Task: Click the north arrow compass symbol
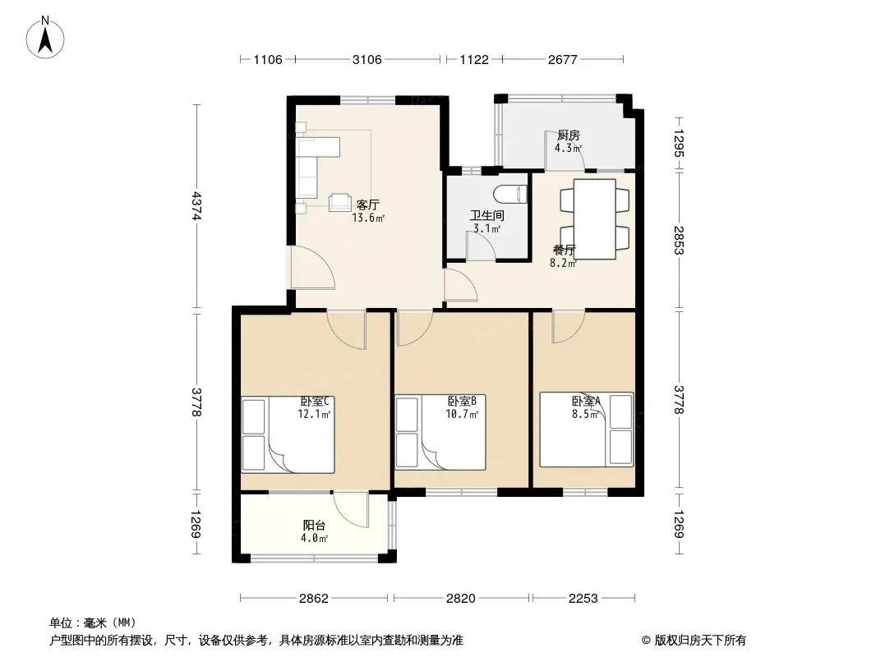coord(45,38)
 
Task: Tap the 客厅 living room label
coord(367,204)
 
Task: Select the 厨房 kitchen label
coord(569,135)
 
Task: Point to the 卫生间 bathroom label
coord(487,215)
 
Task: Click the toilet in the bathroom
coord(510,194)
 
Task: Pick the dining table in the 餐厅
coord(594,218)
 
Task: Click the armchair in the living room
coord(339,202)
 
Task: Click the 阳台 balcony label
coord(314,526)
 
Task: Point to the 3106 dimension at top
coord(367,60)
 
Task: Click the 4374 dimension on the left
coord(196,206)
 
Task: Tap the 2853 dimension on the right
coord(679,240)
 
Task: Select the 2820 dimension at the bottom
coord(461,599)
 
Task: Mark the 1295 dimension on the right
coord(679,144)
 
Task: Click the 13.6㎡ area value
coord(368,218)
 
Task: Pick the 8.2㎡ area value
coord(563,264)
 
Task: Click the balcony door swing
coord(351,510)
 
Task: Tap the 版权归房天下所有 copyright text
coord(700,641)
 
